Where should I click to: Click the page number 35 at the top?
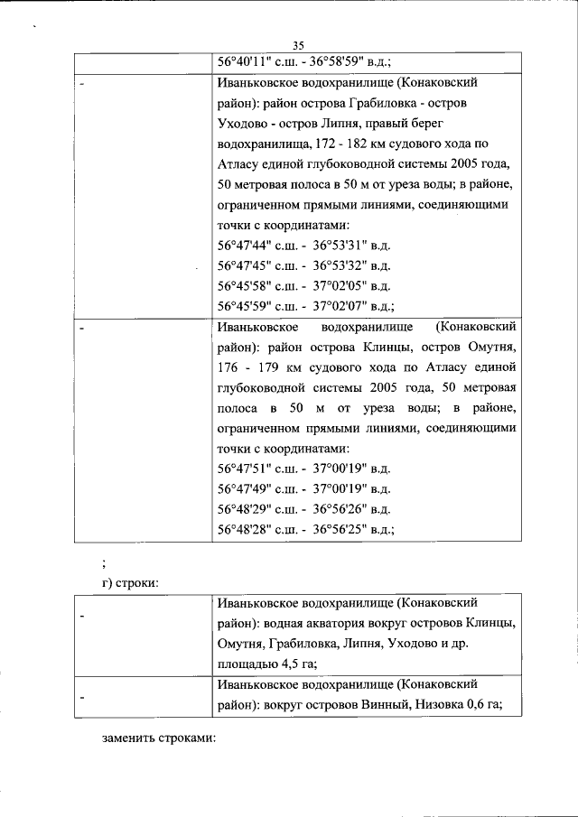pos(299,47)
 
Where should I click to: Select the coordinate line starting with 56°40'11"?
pos(303,63)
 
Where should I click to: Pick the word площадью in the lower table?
pos(245,665)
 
